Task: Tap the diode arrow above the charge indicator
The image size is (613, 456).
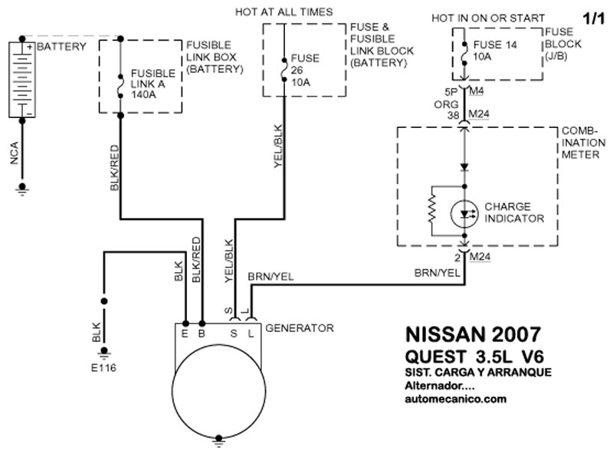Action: (463, 166)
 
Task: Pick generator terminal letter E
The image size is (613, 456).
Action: (185, 333)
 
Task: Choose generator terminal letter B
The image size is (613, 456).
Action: (202, 333)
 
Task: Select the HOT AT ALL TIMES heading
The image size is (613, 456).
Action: (284, 11)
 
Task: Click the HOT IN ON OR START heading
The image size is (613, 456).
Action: (488, 18)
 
